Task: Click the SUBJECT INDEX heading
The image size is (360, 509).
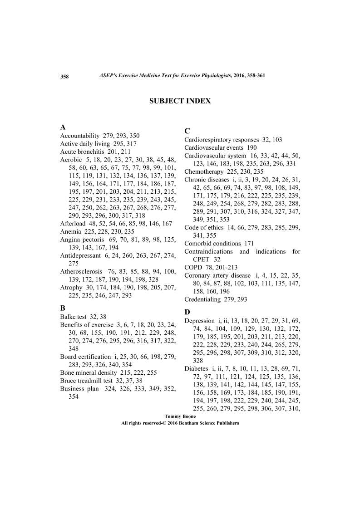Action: [180, 101]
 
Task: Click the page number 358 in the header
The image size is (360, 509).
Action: [64, 76]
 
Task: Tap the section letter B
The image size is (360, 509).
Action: [63, 307]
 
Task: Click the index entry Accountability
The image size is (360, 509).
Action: [79, 136]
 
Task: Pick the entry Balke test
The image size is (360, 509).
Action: [76, 316]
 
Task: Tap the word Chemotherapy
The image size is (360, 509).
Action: [203, 172]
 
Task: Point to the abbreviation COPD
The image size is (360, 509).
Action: [192, 268]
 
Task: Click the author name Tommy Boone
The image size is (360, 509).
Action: [180, 416]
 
